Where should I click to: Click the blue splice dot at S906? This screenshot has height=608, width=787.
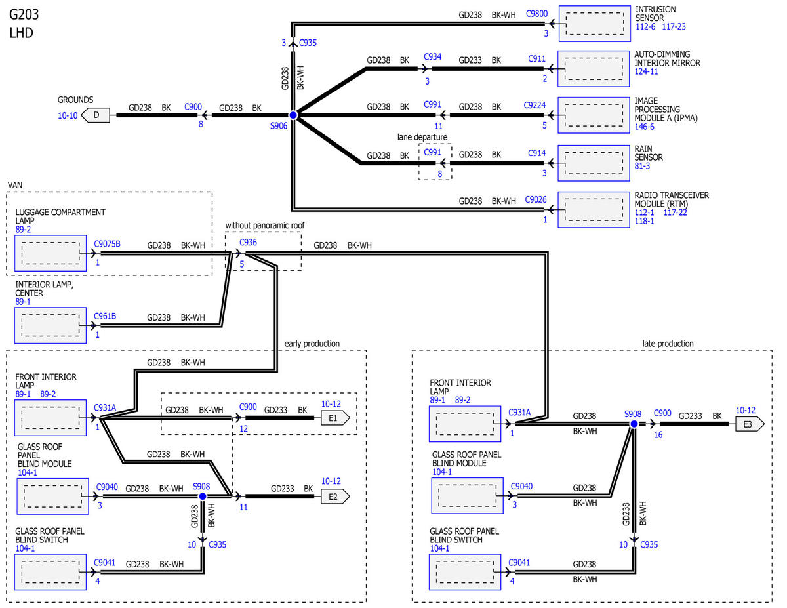click(x=293, y=115)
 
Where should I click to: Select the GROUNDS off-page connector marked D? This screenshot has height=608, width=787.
click(x=95, y=115)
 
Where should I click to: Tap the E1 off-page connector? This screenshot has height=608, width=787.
click(x=335, y=418)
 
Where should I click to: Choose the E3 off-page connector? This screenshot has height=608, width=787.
click(x=750, y=424)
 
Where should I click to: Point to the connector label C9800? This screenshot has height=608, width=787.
click(x=536, y=14)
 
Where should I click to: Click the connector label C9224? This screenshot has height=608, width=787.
click(x=535, y=105)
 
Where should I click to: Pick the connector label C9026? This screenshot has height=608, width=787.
click(x=536, y=199)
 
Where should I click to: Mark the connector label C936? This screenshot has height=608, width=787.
click(x=248, y=242)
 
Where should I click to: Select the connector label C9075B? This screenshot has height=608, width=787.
click(x=107, y=244)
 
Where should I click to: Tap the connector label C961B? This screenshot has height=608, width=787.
click(x=105, y=316)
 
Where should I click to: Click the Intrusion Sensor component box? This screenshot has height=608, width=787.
click(x=595, y=24)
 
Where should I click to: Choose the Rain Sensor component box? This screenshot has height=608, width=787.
click(x=594, y=163)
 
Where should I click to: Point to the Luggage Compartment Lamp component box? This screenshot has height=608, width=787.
click(x=50, y=253)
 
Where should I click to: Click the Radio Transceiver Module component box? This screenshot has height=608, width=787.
click(x=594, y=210)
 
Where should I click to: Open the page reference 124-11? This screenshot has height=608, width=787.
click(x=646, y=71)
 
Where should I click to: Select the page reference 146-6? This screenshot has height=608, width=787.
click(x=644, y=127)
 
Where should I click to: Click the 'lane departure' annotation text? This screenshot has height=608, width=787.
click(x=422, y=137)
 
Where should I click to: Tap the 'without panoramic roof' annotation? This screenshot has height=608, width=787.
click(x=265, y=225)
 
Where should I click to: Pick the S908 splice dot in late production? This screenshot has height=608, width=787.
click(x=634, y=424)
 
